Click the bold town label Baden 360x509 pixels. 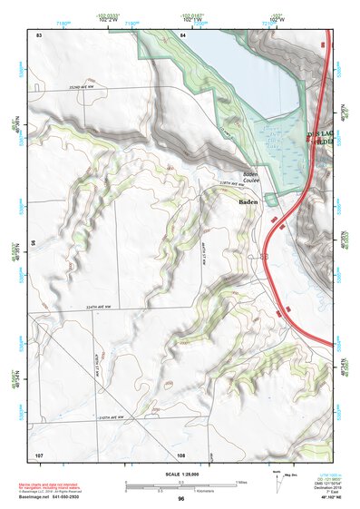(x=251, y=203)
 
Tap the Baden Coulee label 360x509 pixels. (x=251, y=178)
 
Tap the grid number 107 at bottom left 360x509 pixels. (x=39, y=454)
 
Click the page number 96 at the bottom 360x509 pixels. (x=181, y=498)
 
